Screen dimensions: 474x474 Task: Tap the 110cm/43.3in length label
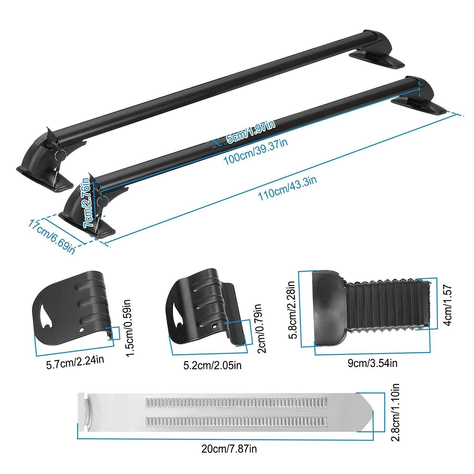[x=287, y=189]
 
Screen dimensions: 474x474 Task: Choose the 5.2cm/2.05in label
[x=212, y=365]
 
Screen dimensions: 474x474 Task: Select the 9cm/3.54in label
[x=372, y=363]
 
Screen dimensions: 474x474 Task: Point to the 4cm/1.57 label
[x=448, y=305]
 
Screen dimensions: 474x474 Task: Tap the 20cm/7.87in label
[x=229, y=448]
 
